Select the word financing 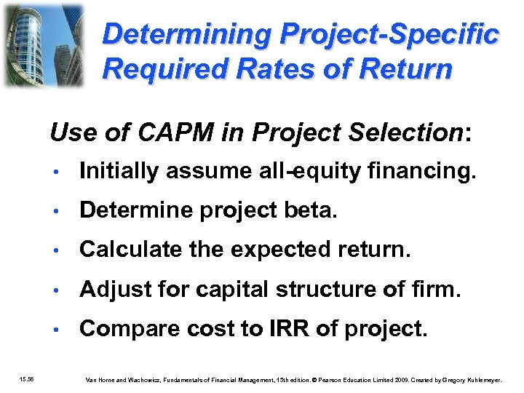(429, 171)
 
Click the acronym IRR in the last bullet (279, 328)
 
